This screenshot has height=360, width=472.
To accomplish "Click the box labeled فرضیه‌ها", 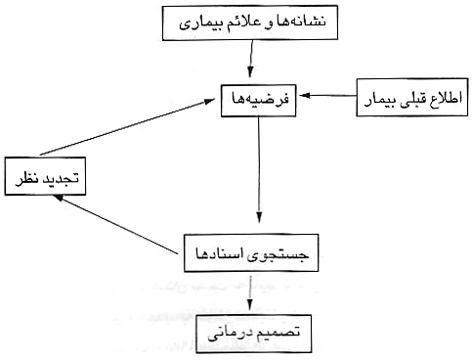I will pos(260,98).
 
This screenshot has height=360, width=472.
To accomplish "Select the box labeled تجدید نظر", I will pos(47,179).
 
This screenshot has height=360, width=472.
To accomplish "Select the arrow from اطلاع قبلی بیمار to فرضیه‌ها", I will pos(327,97).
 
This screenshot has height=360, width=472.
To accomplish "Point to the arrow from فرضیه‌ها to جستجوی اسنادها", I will pos(260,171).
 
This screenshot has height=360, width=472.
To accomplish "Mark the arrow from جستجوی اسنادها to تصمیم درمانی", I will pos(253,292).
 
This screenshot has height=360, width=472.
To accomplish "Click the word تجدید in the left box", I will pos(60,179).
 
